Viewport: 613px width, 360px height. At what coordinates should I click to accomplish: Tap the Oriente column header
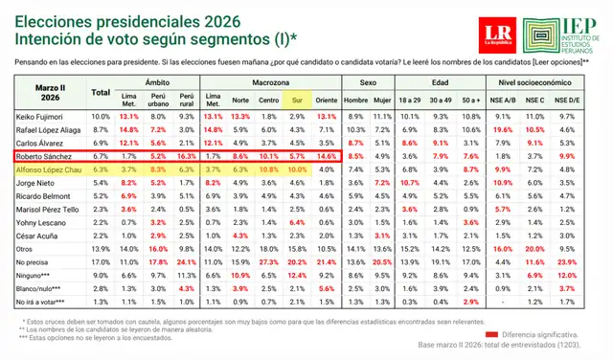click(x=327, y=99)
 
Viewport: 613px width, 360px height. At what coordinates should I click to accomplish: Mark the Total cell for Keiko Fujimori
click(x=101, y=115)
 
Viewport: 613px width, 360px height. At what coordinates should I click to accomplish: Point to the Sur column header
click(x=297, y=99)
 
